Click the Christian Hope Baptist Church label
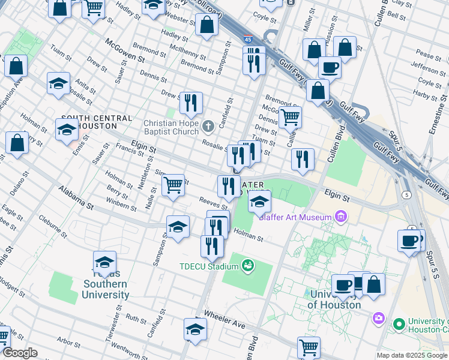pyautogui.click(x=170, y=128)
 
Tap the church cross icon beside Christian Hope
pyautogui.click(x=208, y=126)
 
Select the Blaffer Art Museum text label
pyautogui.click(x=295, y=217)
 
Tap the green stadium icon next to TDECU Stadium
pyautogui.click(x=248, y=265)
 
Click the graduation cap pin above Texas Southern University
pyautogui.click(x=105, y=263)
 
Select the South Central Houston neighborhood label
pyautogui.click(x=88, y=122)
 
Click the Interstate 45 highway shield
pyautogui.click(x=247, y=40)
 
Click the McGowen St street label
pyautogui.click(x=125, y=50)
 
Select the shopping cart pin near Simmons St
pyautogui.click(x=173, y=185)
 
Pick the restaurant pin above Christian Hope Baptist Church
pyautogui.click(x=191, y=103)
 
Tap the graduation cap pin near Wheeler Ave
pyautogui.click(x=194, y=329)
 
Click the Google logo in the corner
pyautogui.click(x=19, y=353)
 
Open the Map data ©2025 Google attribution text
pyautogui.click(x=412, y=355)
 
